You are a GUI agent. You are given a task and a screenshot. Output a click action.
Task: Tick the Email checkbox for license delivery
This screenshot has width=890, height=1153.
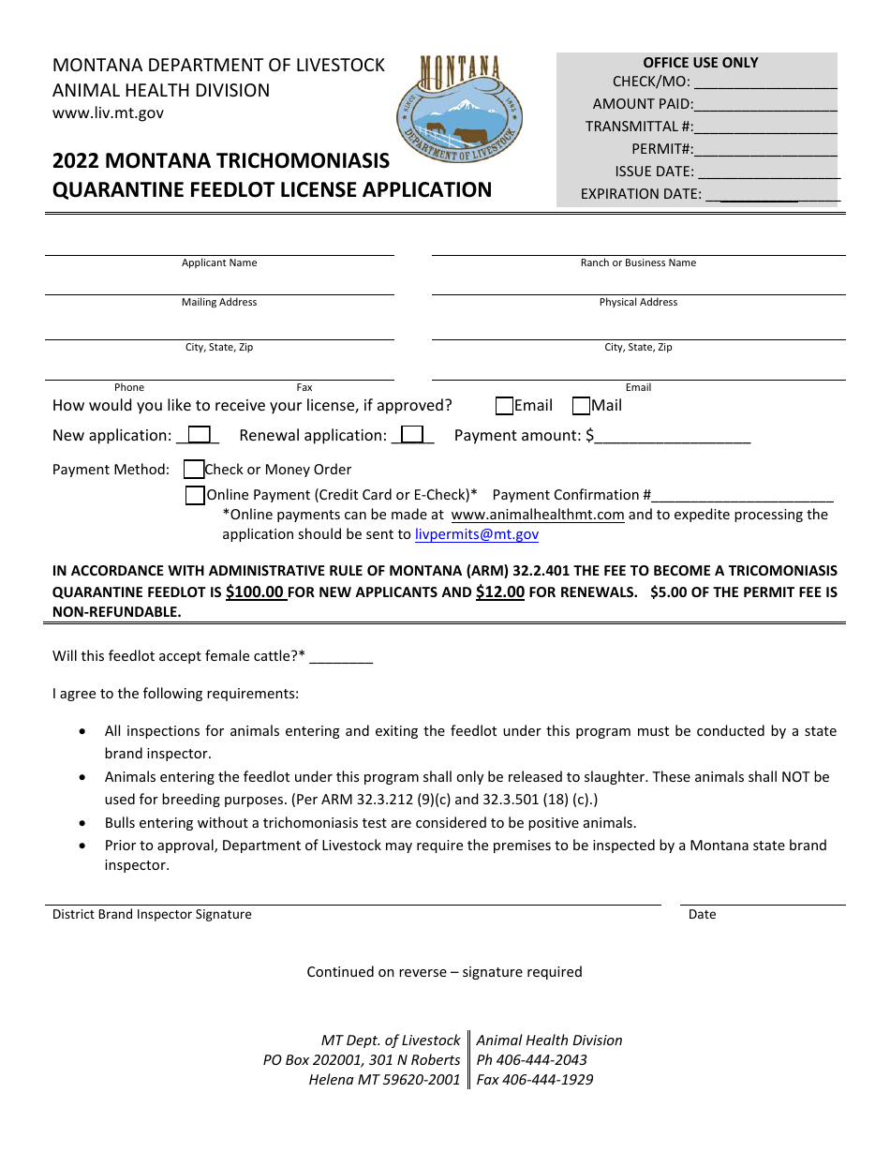tap(504, 406)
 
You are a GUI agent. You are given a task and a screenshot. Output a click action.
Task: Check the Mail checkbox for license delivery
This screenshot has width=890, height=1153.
tap(581, 406)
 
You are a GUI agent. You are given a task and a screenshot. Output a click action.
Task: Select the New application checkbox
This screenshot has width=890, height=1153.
tap(199, 435)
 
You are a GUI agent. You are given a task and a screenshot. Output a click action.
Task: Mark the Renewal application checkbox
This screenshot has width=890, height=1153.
tap(412, 435)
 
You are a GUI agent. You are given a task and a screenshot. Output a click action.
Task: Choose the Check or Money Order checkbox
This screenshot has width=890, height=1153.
tap(194, 470)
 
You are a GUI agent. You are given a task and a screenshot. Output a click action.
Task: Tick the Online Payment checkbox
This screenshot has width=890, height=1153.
tap(195, 495)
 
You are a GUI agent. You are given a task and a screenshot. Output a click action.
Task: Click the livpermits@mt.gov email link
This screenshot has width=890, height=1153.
tap(477, 534)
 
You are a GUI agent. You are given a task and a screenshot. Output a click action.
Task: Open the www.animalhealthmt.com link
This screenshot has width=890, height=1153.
tap(537, 515)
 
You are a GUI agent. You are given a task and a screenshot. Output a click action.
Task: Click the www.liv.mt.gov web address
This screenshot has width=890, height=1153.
tap(108, 113)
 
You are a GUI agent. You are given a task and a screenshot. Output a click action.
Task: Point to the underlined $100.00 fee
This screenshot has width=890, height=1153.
tap(256, 592)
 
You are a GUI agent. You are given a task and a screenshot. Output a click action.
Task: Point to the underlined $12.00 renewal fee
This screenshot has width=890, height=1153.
tap(500, 592)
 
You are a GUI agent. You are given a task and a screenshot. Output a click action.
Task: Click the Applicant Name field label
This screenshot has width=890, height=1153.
tap(219, 263)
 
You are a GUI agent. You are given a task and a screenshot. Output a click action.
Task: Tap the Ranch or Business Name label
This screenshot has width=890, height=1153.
tap(638, 263)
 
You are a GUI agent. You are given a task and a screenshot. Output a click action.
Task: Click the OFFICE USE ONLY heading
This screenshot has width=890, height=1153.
tap(701, 63)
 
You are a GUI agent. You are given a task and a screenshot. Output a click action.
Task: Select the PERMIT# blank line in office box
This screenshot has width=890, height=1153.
tap(765, 150)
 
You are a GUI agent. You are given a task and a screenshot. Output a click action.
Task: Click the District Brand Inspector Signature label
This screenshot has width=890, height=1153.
tap(152, 915)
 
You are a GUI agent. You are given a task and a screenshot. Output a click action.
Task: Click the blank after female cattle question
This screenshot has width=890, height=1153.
tap(341, 657)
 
